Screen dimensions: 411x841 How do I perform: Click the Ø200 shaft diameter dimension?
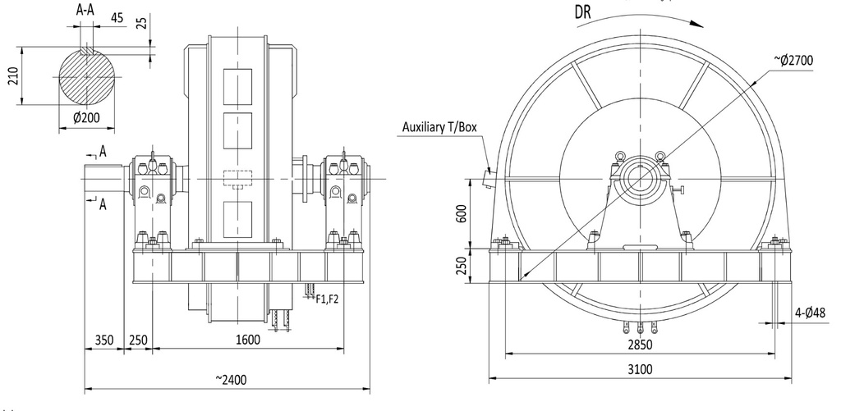[80, 117]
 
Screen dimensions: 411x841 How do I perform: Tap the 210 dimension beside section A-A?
[11, 75]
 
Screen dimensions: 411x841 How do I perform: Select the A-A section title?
[84, 11]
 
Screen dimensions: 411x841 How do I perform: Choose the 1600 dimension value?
[247, 340]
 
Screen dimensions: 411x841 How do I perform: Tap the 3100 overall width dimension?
[640, 369]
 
